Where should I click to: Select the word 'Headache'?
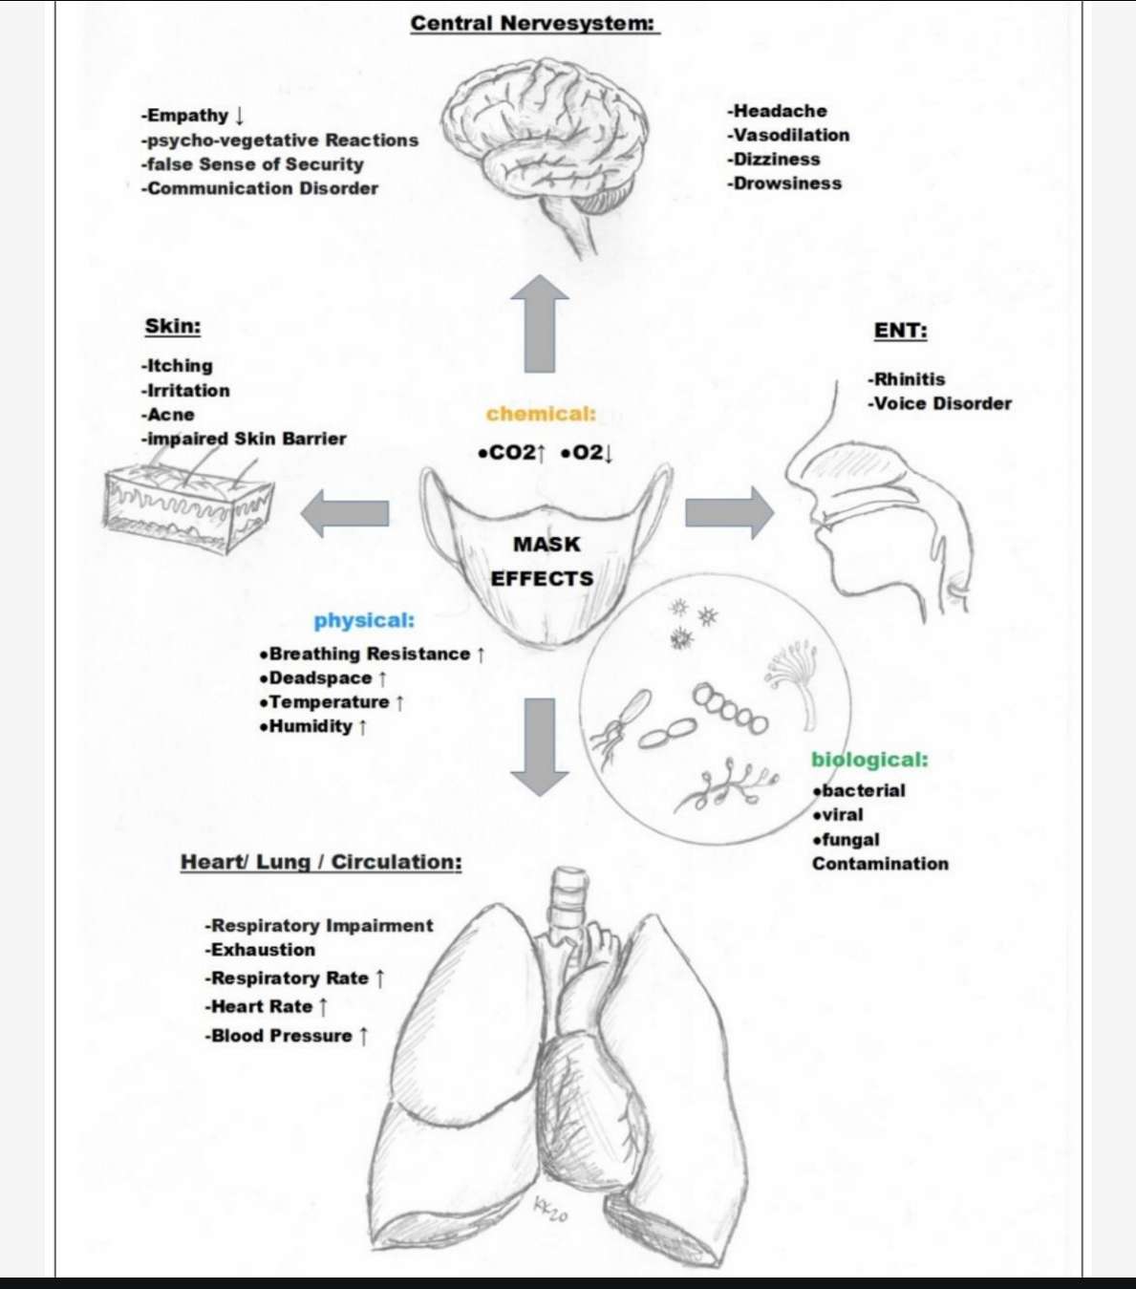[x=781, y=111]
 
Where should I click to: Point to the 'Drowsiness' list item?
[x=784, y=183]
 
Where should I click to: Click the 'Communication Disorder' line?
[x=260, y=188]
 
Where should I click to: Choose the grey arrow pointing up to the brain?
[x=540, y=323]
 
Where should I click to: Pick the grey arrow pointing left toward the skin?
[x=345, y=513]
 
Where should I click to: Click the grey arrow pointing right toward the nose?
[x=730, y=513]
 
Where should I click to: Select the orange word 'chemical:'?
[x=542, y=414]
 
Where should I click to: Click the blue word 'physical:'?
[x=364, y=620]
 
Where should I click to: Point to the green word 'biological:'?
[x=869, y=760]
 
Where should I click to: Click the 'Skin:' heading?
[x=172, y=326]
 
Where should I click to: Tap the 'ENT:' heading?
[x=900, y=331]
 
